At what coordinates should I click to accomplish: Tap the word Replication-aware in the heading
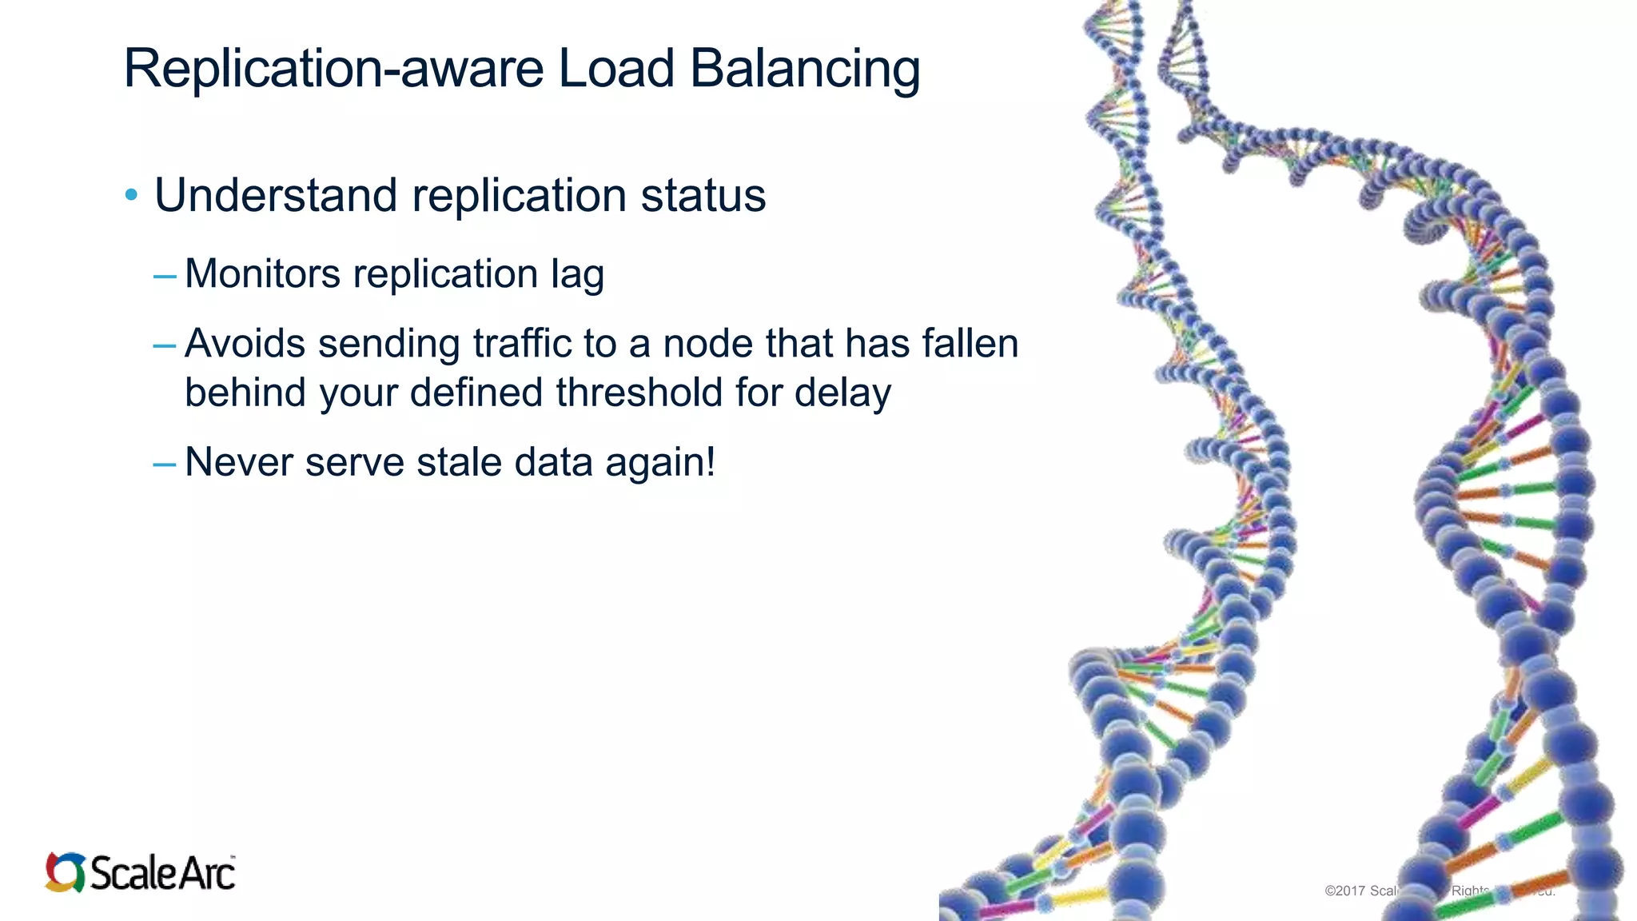click(x=333, y=69)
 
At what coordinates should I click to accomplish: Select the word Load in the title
click(x=615, y=69)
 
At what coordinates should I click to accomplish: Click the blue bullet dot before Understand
click(x=132, y=195)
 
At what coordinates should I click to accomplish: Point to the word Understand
click(x=276, y=195)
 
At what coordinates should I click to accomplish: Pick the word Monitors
click(x=262, y=274)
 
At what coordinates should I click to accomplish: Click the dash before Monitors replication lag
click(x=165, y=277)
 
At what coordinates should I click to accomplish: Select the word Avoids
click(x=245, y=344)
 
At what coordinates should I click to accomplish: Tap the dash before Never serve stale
click(x=165, y=464)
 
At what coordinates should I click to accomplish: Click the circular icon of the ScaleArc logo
click(x=65, y=871)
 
